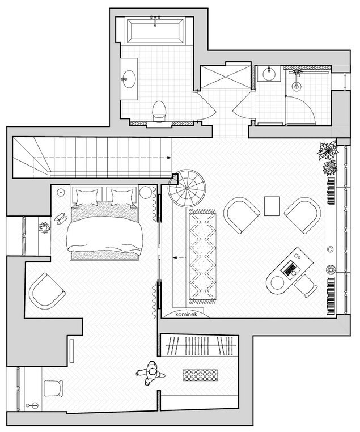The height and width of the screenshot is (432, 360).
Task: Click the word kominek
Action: [x=186, y=314]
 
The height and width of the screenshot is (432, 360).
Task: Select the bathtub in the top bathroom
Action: [x=155, y=31]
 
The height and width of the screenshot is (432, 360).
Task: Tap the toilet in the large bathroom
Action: [x=159, y=111]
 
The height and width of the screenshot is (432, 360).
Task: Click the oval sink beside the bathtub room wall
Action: [x=129, y=79]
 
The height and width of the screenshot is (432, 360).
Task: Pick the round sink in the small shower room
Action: [x=269, y=74]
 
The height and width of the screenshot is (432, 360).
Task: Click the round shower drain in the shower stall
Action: [x=297, y=86]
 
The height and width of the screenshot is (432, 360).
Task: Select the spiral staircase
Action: [x=187, y=188]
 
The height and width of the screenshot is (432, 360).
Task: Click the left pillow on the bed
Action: [x=87, y=197]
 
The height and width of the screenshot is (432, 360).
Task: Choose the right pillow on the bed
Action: [x=122, y=197]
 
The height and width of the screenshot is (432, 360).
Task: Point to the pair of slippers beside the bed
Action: [x=61, y=218]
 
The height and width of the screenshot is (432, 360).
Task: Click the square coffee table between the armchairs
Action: [x=272, y=206]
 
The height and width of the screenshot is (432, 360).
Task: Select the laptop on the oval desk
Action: [x=289, y=268]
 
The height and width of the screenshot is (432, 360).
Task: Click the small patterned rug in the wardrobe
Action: [x=200, y=375]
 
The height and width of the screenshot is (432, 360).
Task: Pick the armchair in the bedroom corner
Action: [x=46, y=291]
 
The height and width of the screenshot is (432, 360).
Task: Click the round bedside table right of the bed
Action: [x=146, y=192]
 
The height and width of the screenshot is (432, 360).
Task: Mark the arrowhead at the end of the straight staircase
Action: [x=168, y=158]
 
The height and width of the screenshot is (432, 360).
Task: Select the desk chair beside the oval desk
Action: [x=306, y=286]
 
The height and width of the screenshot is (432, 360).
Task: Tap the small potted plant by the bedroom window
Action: [x=44, y=228]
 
